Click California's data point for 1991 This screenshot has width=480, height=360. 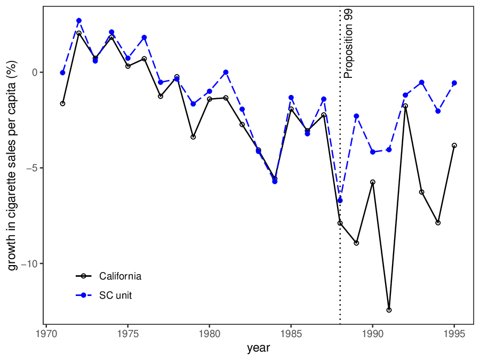(x=389, y=310)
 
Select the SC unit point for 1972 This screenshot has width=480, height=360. (x=79, y=21)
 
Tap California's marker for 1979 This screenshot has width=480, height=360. (x=193, y=137)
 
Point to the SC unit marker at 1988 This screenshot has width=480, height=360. (x=340, y=201)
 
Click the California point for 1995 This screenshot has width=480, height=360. (x=454, y=146)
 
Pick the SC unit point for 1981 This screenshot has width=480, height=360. (x=226, y=73)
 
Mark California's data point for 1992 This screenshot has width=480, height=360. (x=405, y=106)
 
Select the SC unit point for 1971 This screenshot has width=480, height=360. (x=62, y=73)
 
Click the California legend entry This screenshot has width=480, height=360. (x=120, y=276)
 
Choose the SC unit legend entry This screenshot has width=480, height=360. (x=115, y=295)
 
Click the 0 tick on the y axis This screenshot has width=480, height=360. (x=36, y=73)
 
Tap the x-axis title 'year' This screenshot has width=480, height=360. (x=258, y=348)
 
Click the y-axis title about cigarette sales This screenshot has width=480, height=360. (x=13, y=165)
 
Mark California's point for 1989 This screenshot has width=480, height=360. (x=356, y=243)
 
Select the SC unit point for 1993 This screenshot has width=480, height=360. (x=421, y=83)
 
